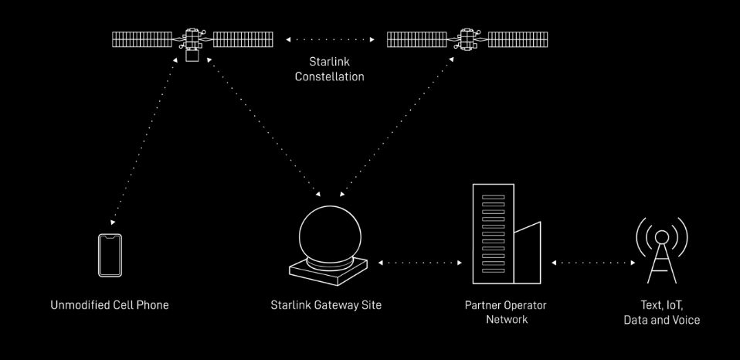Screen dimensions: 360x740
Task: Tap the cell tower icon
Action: pos(661,251)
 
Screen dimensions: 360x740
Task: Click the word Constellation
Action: pos(329,76)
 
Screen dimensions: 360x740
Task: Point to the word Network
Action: pos(507,319)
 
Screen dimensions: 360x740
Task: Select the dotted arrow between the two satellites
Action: pos(329,39)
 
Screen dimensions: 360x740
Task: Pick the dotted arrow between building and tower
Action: pos(594,263)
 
